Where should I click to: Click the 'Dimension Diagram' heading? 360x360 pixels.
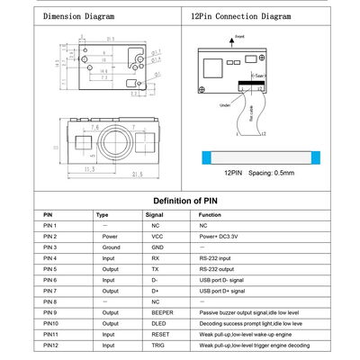click(x=78, y=16)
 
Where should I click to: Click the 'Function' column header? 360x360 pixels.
click(x=210, y=215)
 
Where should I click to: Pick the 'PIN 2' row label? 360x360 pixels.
click(x=50, y=236)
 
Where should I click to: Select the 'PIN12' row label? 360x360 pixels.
click(x=50, y=345)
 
